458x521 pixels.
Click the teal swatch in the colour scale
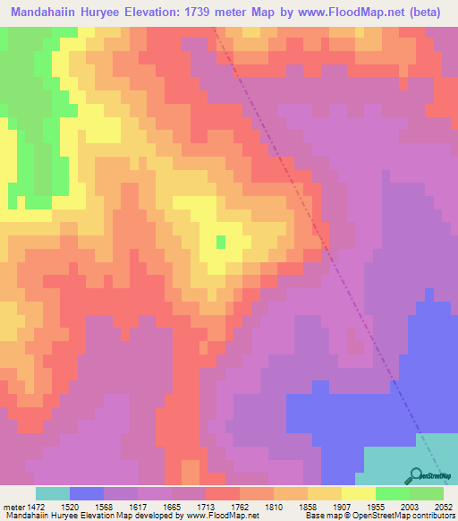[x=53, y=493]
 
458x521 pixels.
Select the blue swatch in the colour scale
[x=87, y=493]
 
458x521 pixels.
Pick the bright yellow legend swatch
[x=358, y=493]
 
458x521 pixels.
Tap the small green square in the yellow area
[x=220, y=241]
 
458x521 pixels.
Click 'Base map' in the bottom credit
[x=321, y=516]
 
